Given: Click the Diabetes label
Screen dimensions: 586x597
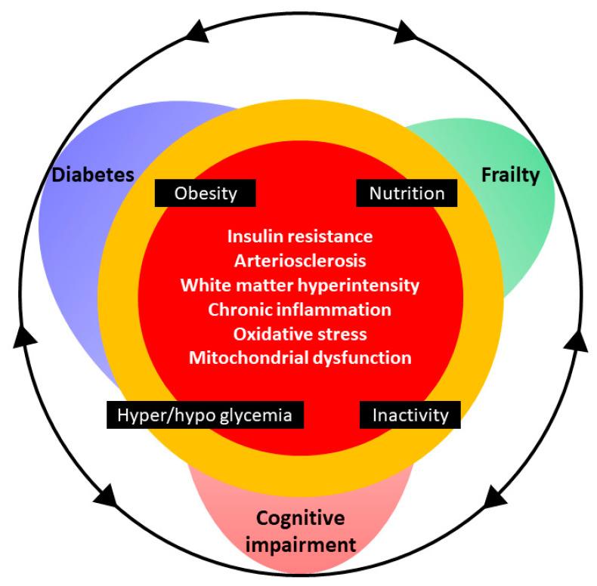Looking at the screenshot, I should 92,175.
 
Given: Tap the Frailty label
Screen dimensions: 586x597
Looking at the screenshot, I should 510,175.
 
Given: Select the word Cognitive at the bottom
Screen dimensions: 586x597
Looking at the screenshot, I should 300,518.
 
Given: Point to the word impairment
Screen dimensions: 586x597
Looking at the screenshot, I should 300,542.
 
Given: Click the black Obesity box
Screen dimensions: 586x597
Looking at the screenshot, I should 205,193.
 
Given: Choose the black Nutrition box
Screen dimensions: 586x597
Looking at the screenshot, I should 407,193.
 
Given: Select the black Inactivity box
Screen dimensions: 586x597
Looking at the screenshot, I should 410,415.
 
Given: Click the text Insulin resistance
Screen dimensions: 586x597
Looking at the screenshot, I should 300,236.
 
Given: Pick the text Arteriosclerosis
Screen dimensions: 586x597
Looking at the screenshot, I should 300,261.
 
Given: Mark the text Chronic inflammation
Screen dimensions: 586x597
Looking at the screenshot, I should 300,309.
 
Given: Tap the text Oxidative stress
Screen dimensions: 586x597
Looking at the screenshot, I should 300,333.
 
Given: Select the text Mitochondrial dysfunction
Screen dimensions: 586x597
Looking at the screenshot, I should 300,357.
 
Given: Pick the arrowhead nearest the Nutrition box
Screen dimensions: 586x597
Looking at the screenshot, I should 405,32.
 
